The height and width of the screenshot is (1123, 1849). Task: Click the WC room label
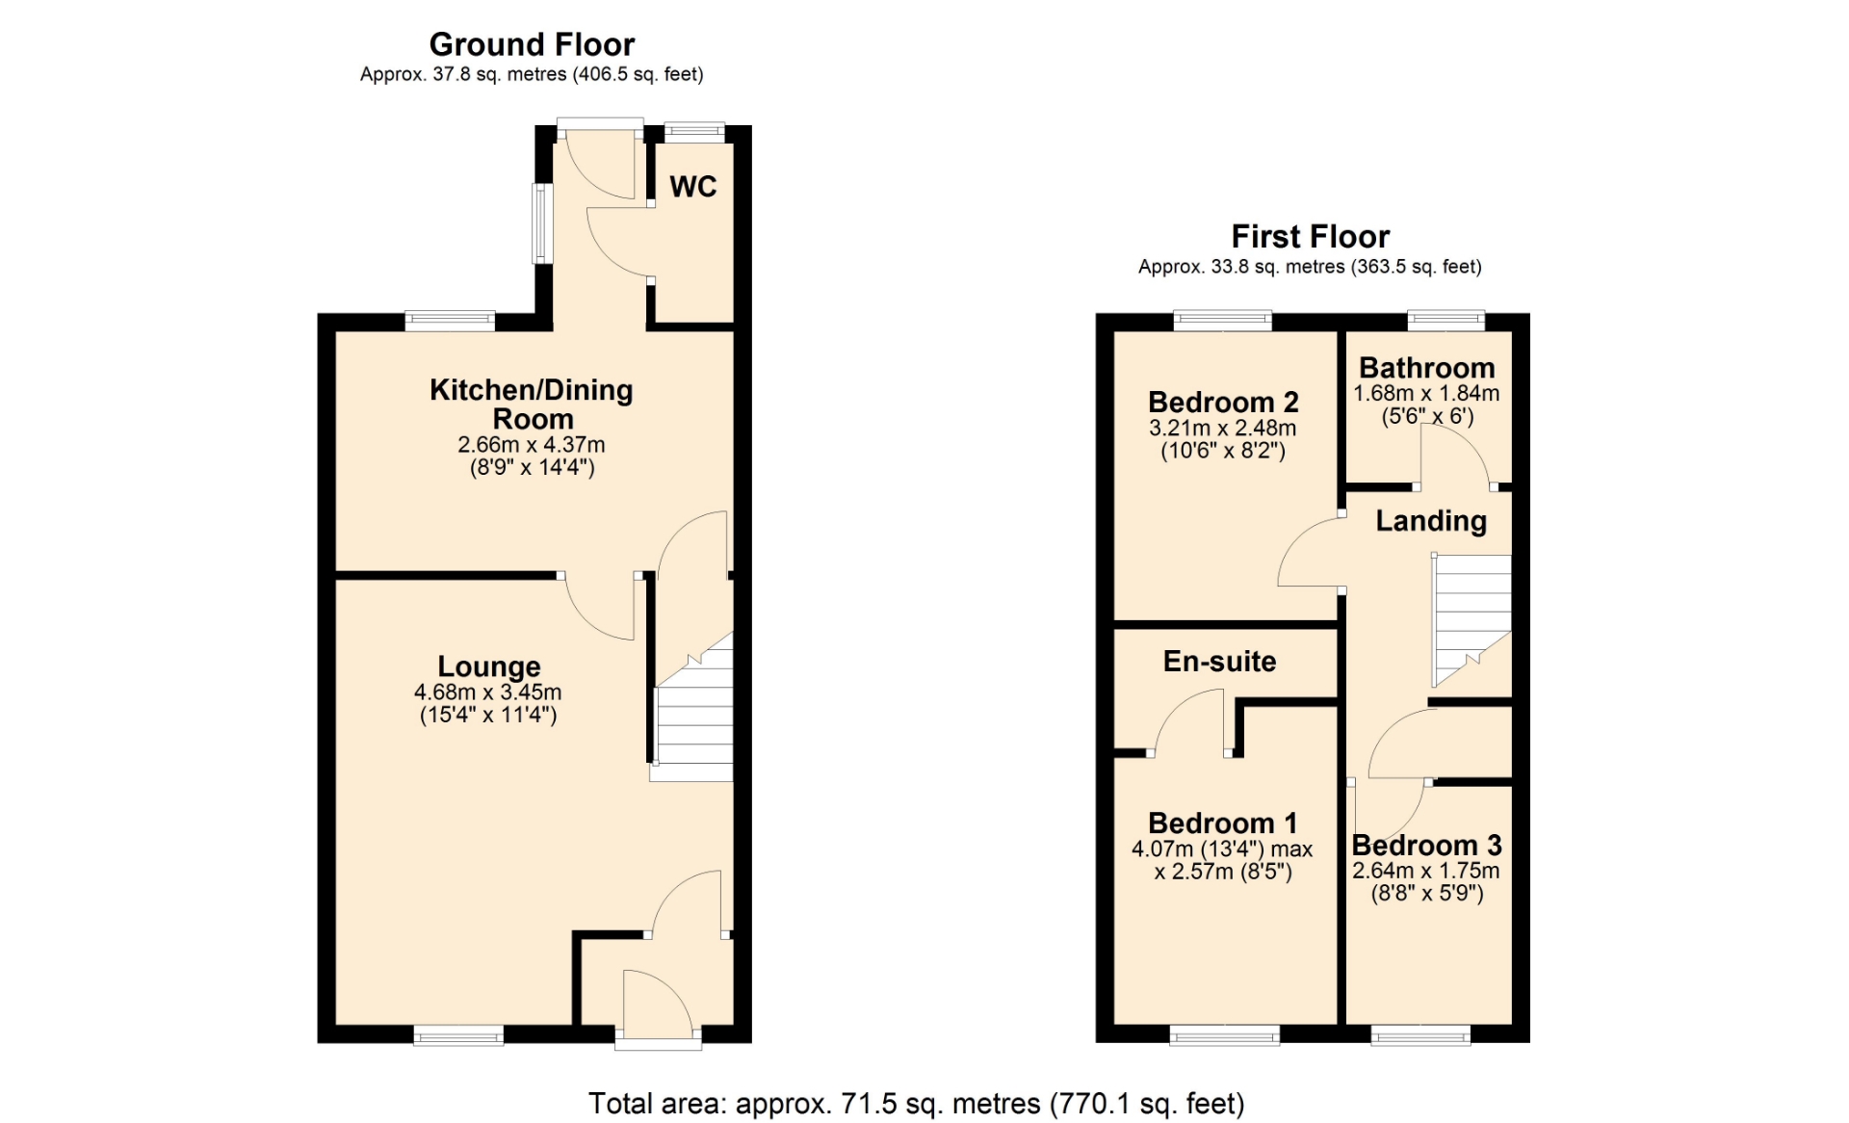(693, 186)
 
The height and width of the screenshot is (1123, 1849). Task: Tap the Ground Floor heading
(532, 44)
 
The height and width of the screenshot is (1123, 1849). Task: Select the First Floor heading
(1310, 236)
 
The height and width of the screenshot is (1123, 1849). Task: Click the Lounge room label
(489, 666)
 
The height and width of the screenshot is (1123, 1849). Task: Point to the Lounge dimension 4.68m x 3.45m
(488, 692)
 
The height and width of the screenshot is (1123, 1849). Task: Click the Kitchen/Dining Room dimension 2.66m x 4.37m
(532, 445)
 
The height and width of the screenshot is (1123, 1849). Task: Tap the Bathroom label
(1427, 368)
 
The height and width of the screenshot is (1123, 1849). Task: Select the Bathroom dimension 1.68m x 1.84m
(1426, 393)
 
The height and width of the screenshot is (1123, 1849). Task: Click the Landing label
(1431, 521)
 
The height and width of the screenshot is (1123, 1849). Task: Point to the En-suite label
(1220, 661)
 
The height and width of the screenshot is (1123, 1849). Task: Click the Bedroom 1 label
(1223, 823)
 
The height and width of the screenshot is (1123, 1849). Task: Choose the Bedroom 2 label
(1223, 402)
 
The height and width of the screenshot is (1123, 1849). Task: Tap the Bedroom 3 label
(1427, 845)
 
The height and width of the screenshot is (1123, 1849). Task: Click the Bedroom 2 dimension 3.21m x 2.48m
(1223, 428)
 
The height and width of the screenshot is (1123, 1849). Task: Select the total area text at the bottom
(917, 1103)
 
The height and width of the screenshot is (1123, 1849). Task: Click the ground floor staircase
(692, 707)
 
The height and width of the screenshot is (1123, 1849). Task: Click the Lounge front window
(459, 1035)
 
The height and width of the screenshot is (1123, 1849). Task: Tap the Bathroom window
(1446, 321)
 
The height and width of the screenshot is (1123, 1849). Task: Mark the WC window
(694, 132)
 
